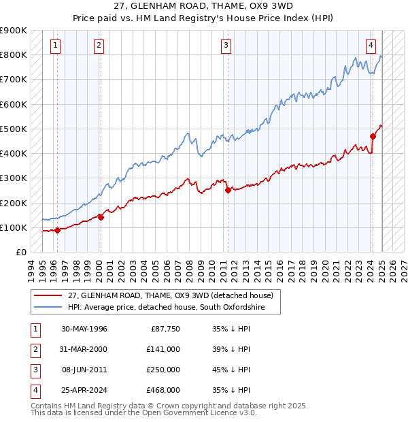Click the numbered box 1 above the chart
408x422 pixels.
[55, 46]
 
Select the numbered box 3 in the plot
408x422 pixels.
[226, 46]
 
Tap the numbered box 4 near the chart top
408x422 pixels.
[371, 46]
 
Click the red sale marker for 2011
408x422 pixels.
[228, 191]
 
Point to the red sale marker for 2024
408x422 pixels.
[373, 136]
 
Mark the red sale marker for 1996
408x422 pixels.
[58, 230]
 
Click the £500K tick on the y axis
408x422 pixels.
[14, 129]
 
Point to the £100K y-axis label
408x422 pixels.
[14, 227]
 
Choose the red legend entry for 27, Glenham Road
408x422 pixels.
[170, 295]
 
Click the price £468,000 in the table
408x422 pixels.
[163, 390]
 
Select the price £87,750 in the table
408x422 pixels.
[165, 329]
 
